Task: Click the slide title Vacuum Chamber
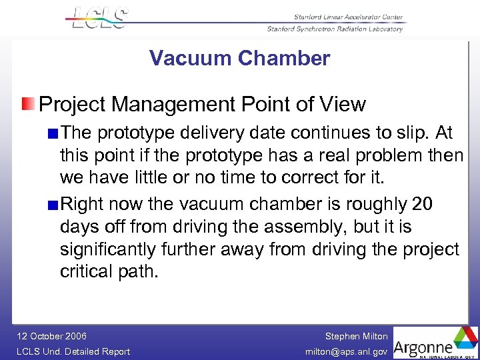(x=239, y=59)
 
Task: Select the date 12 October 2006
(x=51, y=337)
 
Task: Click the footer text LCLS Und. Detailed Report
(x=73, y=351)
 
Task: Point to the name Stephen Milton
(x=356, y=337)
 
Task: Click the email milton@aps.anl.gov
(x=347, y=351)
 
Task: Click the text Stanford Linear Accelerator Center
(x=348, y=17)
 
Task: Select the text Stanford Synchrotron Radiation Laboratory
(x=335, y=29)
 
